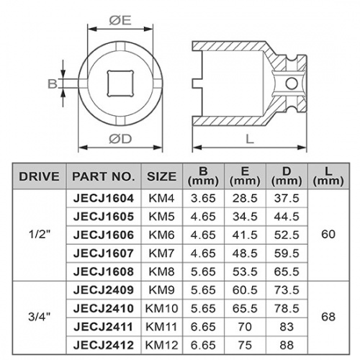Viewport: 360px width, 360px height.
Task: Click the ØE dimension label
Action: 120,21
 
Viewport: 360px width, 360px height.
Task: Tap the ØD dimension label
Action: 120,139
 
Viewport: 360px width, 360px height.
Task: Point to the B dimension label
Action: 53,84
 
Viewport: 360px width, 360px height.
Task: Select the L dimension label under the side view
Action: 250,139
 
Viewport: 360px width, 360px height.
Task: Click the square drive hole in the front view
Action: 120,84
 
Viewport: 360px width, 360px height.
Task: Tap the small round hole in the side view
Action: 292,84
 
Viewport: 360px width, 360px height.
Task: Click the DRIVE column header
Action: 39,176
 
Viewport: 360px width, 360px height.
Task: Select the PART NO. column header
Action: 104,176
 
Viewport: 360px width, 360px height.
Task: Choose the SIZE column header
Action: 162,176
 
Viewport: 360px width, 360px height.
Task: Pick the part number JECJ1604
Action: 104,199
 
